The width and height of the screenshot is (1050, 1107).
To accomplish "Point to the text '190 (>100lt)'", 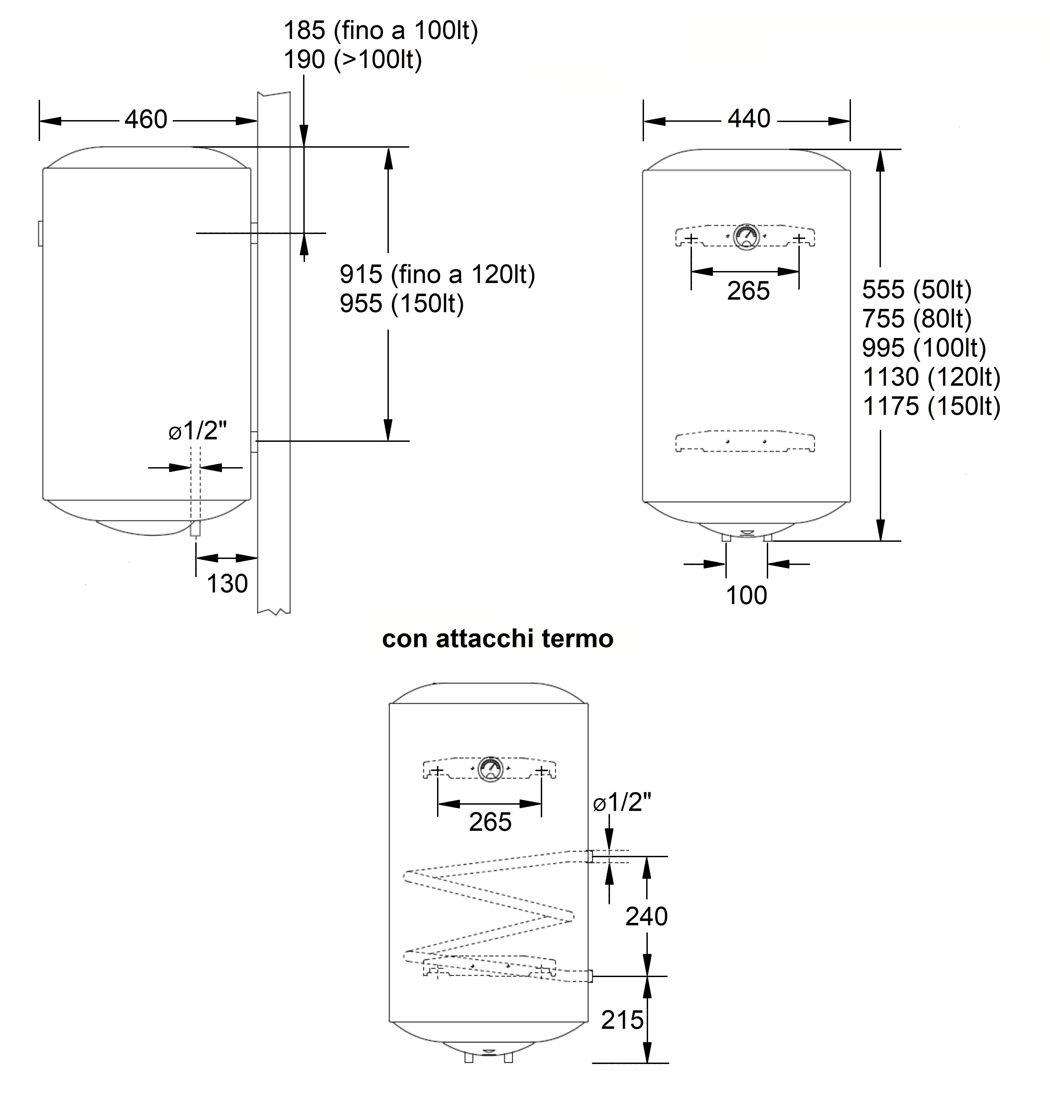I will (x=353, y=59).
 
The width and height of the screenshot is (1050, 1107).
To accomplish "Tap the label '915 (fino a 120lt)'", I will (x=437, y=274).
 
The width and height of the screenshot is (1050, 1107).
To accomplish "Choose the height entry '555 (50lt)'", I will (x=917, y=290).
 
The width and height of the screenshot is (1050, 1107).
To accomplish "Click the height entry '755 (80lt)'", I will (x=917, y=319).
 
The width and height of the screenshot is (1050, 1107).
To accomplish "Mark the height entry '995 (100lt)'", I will (x=924, y=348).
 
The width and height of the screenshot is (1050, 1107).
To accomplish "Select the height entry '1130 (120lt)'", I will (x=931, y=377).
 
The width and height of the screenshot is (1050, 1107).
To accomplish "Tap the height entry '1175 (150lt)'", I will (x=931, y=406).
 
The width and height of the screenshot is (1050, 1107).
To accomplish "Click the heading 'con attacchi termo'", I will (x=497, y=638).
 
